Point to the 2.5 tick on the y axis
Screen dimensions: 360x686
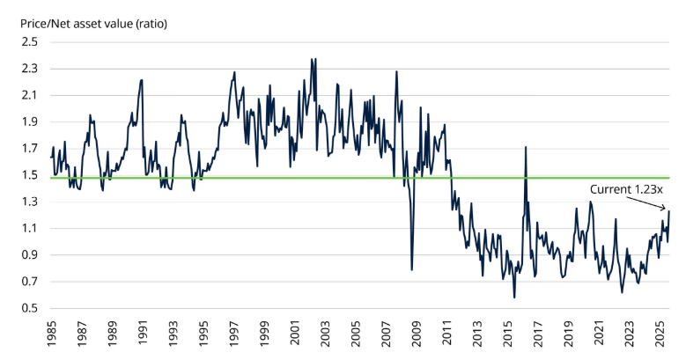coord(30,41)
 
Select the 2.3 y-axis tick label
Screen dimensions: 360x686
coord(30,69)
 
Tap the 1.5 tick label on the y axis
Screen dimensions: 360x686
coord(30,175)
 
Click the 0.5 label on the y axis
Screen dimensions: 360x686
coord(30,308)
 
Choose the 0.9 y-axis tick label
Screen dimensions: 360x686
coord(30,255)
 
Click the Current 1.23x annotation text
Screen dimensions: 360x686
coord(627,188)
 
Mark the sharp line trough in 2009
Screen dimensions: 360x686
coord(412,269)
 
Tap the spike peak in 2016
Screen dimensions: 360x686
coord(526,147)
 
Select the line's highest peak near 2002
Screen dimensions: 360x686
coord(312,60)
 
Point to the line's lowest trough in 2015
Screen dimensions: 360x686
coord(514,298)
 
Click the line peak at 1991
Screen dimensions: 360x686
coord(142,80)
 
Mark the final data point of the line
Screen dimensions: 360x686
coord(668,211)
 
